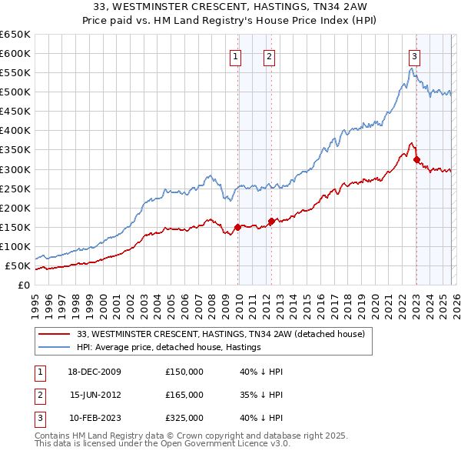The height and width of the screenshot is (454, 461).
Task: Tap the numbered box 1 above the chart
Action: coord(234,55)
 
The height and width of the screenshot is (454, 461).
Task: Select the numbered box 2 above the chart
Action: coord(270,55)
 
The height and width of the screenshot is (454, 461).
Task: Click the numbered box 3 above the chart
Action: coord(414,55)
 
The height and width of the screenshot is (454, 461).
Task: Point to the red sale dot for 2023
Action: coord(416,160)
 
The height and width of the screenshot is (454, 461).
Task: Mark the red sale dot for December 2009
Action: coord(237,227)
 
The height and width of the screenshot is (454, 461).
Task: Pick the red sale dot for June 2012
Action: coord(271,222)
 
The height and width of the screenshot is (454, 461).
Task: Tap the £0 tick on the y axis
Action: coord(25,285)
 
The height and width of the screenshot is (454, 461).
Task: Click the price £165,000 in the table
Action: coord(184,395)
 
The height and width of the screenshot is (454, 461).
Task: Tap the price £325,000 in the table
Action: coord(184,418)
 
